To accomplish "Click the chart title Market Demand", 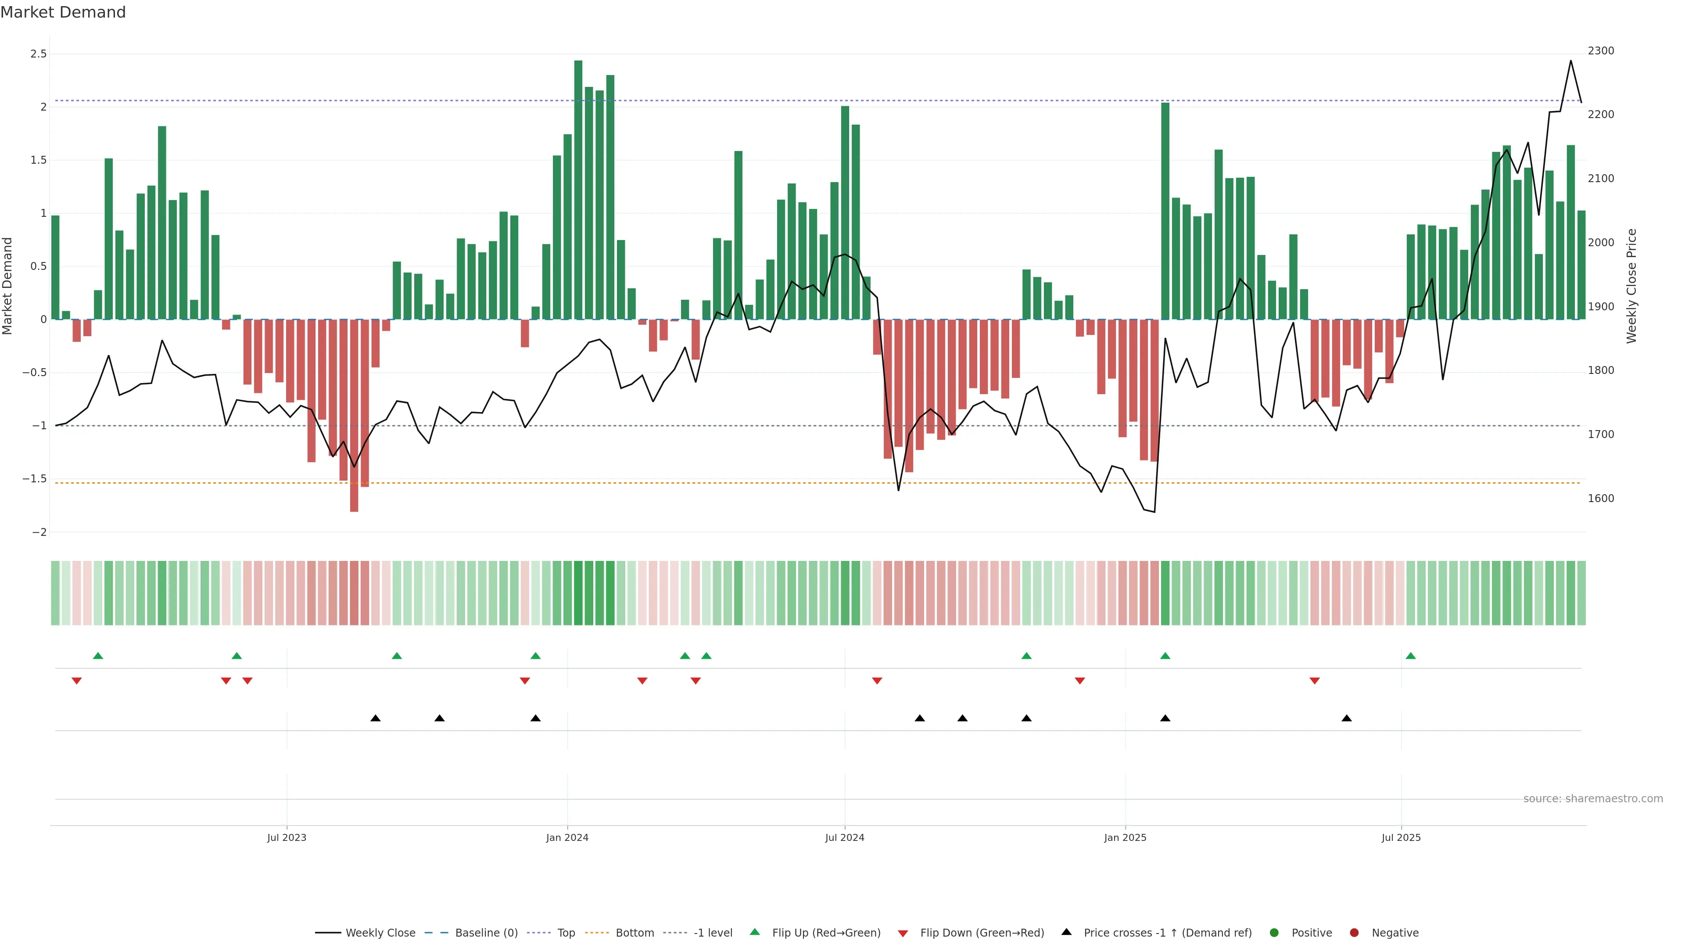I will (x=63, y=12).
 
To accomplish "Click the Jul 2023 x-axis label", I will (x=287, y=837).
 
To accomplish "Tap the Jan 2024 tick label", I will (x=567, y=837).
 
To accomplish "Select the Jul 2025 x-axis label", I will (x=1401, y=837).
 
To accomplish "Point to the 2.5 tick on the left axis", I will (x=39, y=54).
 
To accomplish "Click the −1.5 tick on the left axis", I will (x=35, y=479).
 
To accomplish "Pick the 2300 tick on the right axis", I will (x=1601, y=51).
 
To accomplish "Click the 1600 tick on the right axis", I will (x=1601, y=499).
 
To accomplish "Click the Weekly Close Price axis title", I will (x=1631, y=286).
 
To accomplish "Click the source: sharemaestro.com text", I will (x=1593, y=799).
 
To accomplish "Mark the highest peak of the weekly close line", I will (x=1570, y=61).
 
